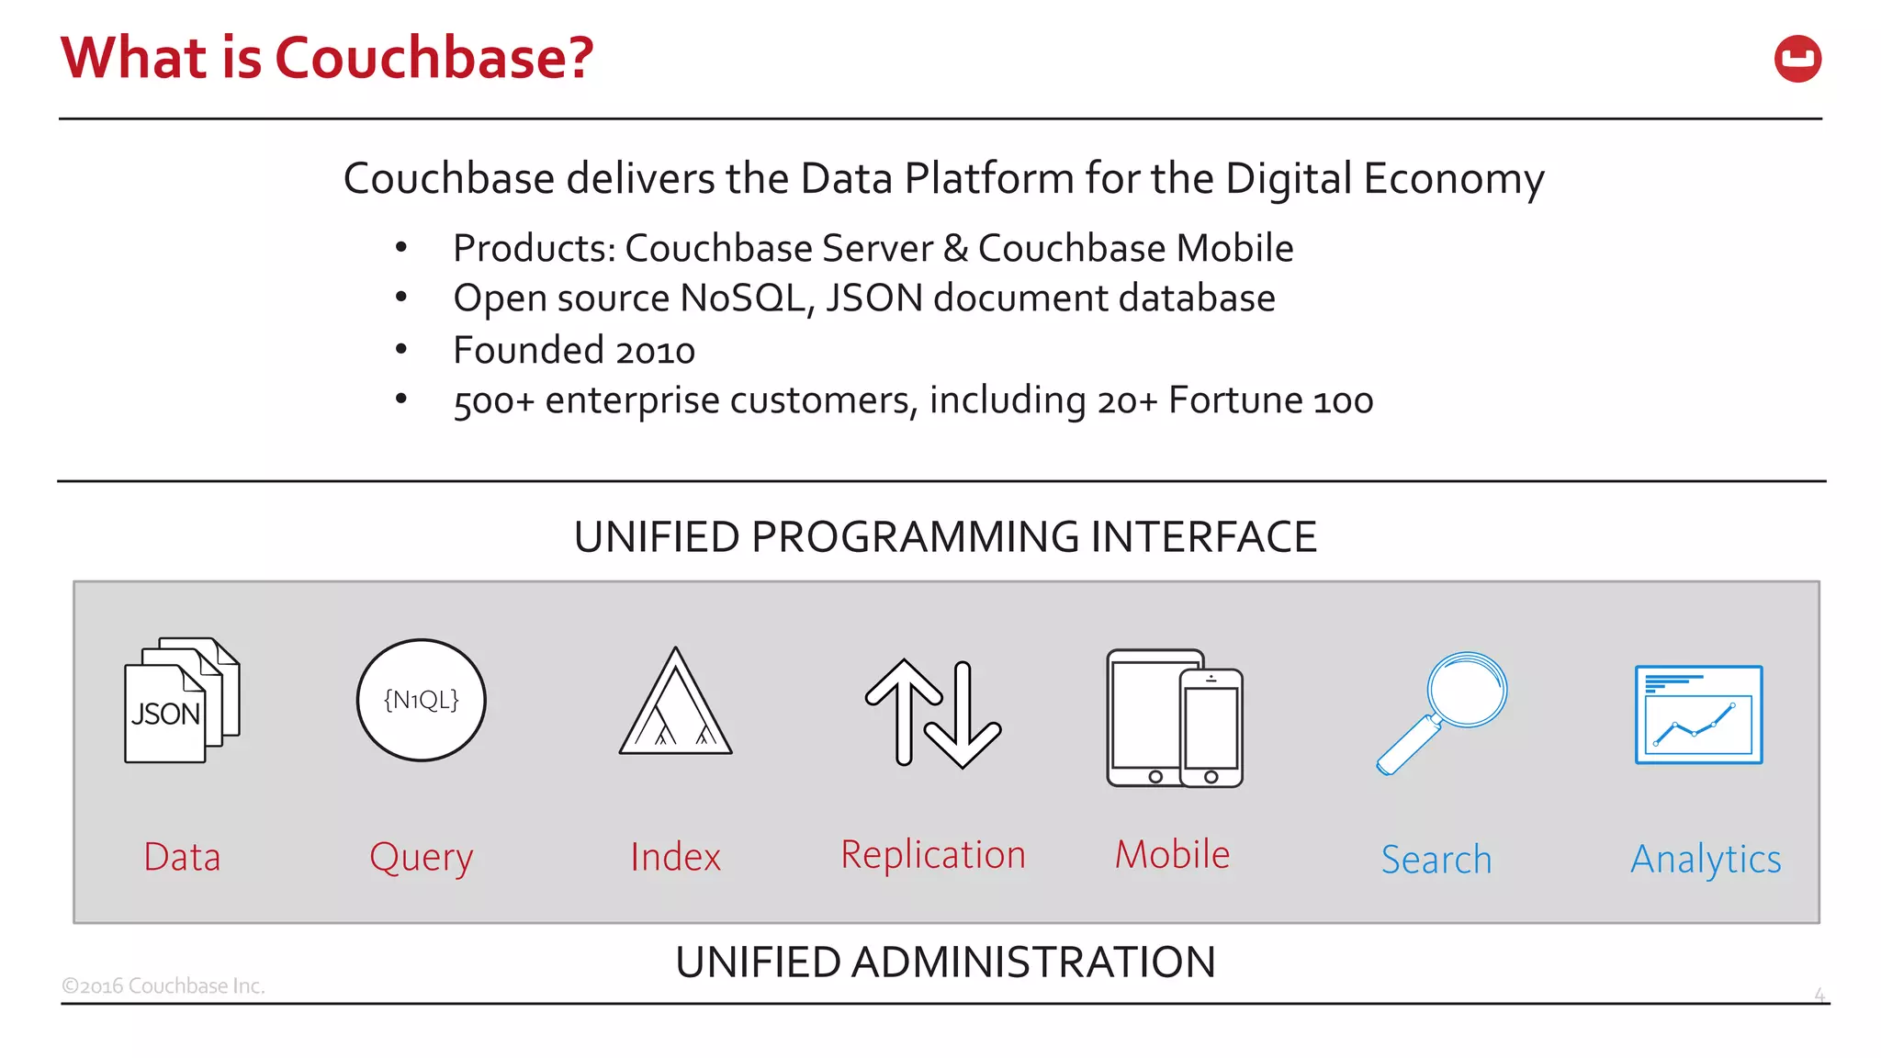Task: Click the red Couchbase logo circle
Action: pos(1797,59)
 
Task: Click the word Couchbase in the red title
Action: pos(434,58)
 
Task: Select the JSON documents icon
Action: pos(181,701)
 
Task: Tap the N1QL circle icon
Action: pos(422,700)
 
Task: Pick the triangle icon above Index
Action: pos(676,703)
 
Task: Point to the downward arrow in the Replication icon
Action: pos(963,716)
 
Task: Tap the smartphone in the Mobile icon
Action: pos(1211,727)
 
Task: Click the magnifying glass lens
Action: pos(1467,690)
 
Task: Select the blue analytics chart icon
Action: pos(1698,715)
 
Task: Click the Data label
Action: pos(182,857)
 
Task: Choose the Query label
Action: pos(422,858)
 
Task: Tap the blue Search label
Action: pos(1436,860)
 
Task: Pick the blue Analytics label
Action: pos(1706,860)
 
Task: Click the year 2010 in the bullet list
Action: pos(655,351)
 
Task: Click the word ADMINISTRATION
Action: pos(1033,962)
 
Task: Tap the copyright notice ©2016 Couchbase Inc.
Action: pos(163,985)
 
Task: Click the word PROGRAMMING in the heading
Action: pos(914,537)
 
